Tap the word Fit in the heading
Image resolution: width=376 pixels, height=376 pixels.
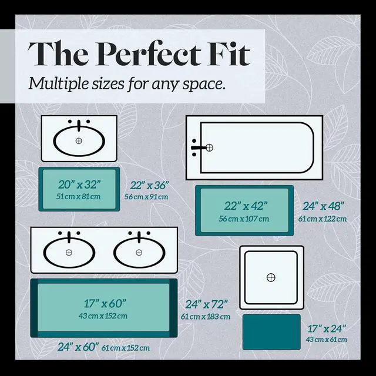[229, 53]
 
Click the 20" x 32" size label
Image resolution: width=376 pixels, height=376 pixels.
[79, 184]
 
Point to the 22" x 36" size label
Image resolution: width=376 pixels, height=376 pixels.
[150, 185]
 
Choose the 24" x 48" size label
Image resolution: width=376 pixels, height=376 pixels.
[323, 206]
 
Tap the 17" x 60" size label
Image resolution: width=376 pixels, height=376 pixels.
[105, 303]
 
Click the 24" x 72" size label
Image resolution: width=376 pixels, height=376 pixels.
[206, 304]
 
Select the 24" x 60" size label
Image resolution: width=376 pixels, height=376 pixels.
[78, 347]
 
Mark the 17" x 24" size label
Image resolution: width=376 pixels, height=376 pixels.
[327, 329]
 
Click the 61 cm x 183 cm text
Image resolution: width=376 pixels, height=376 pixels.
[206, 317]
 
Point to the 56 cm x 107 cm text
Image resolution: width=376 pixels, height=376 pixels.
[244, 219]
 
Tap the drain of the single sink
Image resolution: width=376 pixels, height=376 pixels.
[79, 141]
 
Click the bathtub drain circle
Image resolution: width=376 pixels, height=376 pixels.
[209, 147]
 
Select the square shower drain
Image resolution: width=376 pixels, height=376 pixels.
[271, 277]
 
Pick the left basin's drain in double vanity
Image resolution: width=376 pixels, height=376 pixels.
[69, 253]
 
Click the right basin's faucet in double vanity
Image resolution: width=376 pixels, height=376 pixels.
[139, 237]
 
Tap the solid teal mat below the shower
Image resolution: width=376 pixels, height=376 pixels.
[271, 332]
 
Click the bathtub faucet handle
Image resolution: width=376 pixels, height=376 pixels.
[198, 147]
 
